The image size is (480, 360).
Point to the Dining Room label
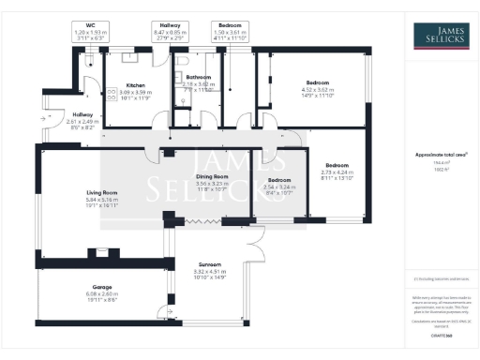tap(212, 176)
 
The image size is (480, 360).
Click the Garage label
tap(92, 287)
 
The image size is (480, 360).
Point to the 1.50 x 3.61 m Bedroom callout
tap(228, 31)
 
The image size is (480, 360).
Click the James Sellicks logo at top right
tap(440, 36)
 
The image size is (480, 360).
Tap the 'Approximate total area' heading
tap(440, 154)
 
